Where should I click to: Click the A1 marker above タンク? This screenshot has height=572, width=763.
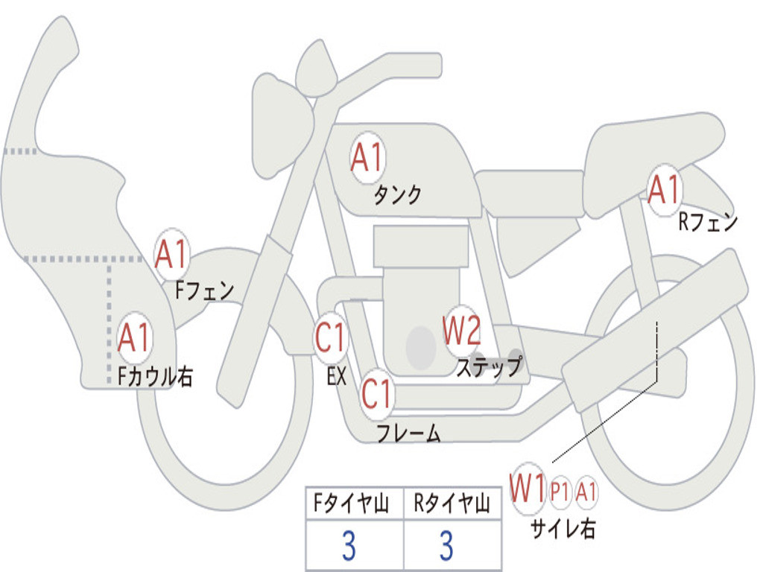[x=367, y=158]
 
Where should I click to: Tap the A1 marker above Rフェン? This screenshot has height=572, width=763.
[x=664, y=189]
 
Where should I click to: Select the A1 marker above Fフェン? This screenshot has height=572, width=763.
[x=171, y=255]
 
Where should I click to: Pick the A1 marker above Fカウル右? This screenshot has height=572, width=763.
[x=135, y=338]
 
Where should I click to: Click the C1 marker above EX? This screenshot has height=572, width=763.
[x=331, y=338]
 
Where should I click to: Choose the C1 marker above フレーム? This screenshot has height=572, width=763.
[x=376, y=393]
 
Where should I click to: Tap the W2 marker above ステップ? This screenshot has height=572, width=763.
[x=462, y=331]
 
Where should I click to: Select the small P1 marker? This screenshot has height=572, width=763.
[x=560, y=491]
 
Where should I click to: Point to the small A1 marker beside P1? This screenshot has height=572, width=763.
[x=586, y=491]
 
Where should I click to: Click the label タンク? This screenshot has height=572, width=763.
[x=397, y=195]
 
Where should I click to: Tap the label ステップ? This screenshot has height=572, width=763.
[x=490, y=366]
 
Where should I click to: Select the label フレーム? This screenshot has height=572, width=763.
[x=408, y=433]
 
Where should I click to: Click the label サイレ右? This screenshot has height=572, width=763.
[x=563, y=528]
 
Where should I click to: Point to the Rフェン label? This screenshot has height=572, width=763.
[x=707, y=222]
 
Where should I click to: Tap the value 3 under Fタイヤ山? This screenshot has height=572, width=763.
[x=349, y=546]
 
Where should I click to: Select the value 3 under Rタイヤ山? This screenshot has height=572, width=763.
[x=446, y=546]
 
